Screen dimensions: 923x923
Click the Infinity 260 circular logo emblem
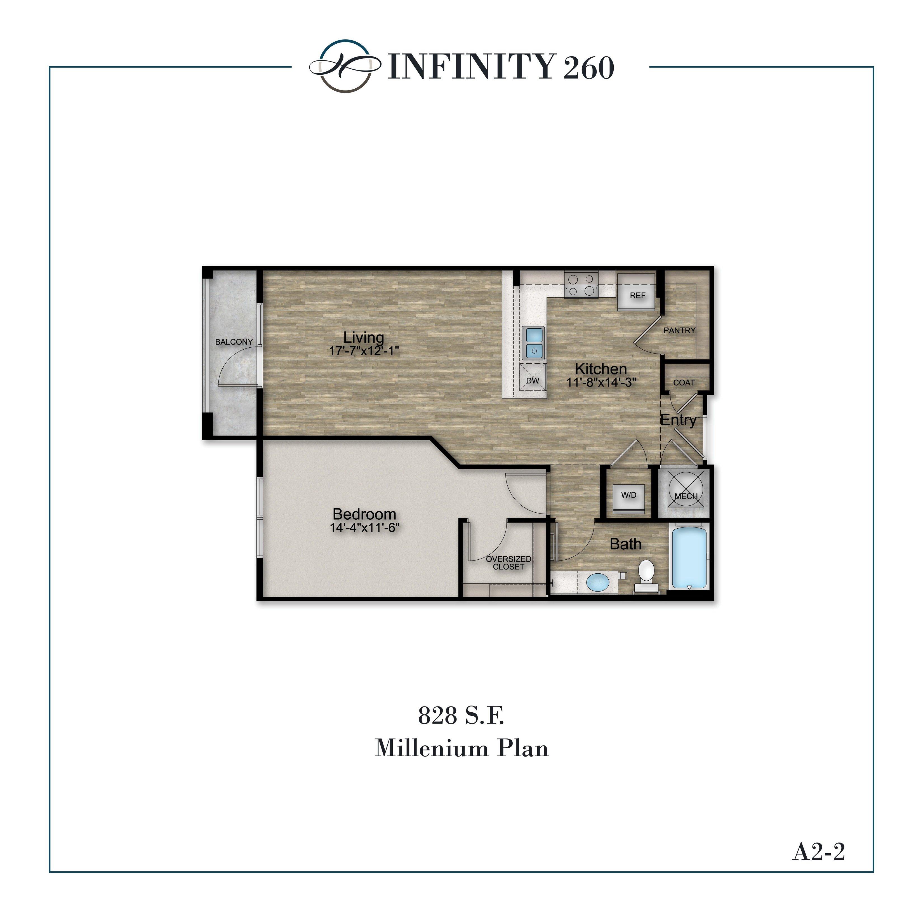pyautogui.click(x=345, y=66)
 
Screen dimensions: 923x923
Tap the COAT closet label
pyautogui.click(x=684, y=383)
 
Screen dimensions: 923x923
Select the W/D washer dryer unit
pyautogui.click(x=629, y=495)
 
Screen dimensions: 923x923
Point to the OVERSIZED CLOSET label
pyautogui.click(x=508, y=563)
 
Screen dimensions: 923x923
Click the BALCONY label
pyautogui.click(x=234, y=342)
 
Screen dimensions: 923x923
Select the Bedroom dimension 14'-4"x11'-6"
pyautogui.click(x=364, y=528)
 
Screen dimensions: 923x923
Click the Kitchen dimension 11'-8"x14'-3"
pyautogui.click(x=601, y=382)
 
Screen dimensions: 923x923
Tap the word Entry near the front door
pyautogui.click(x=678, y=420)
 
